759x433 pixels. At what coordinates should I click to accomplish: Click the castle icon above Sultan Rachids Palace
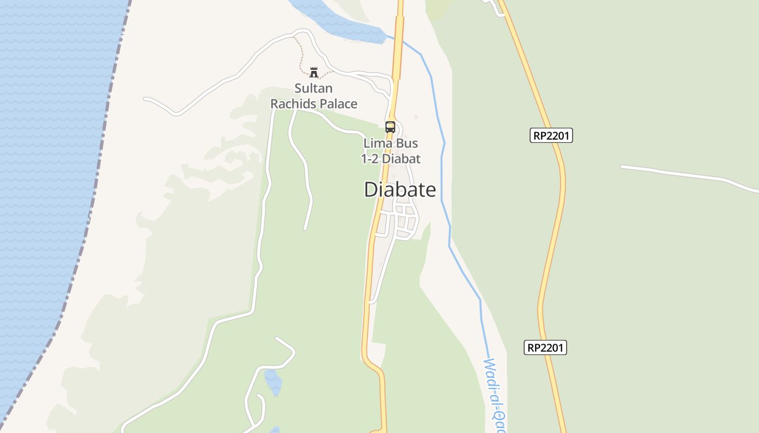(313, 72)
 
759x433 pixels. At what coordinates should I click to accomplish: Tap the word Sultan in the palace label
(313, 88)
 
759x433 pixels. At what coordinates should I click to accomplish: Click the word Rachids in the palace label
(292, 104)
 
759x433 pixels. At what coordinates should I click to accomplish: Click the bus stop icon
(390, 127)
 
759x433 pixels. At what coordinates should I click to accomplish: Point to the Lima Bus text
(390, 143)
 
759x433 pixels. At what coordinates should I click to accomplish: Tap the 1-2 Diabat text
(390, 159)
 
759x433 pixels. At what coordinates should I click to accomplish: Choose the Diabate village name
(400, 189)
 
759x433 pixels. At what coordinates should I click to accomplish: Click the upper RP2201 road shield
(551, 135)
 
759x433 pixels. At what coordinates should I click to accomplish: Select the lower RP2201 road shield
(545, 347)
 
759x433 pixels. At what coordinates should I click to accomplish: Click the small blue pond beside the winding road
(273, 381)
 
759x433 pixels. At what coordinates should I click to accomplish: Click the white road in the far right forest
(683, 174)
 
